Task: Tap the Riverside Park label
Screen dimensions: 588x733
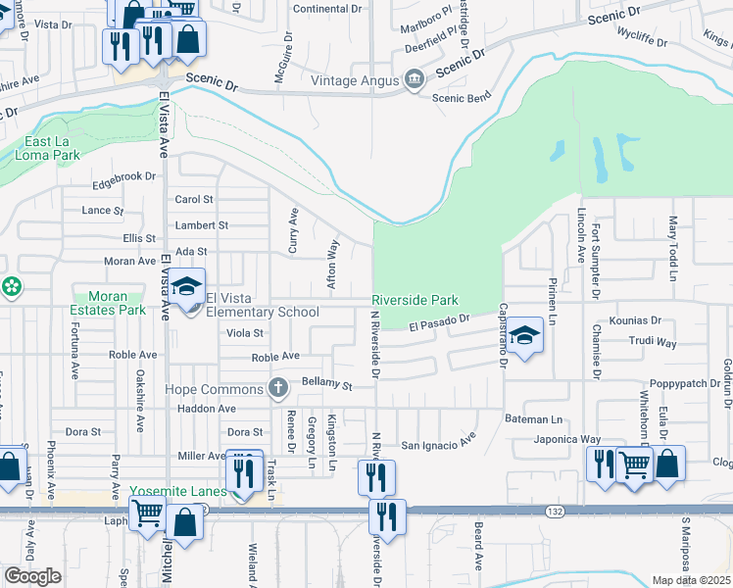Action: (x=415, y=300)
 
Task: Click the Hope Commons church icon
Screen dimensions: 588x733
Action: (x=278, y=389)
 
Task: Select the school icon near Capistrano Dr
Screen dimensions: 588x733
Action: (x=525, y=337)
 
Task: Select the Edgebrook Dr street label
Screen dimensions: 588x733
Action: (x=123, y=176)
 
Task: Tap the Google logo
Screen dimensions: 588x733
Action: (x=32, y=575)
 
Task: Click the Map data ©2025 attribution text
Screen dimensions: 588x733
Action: (x=692, y=580)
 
